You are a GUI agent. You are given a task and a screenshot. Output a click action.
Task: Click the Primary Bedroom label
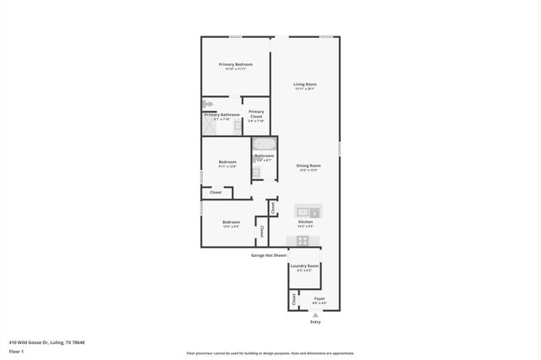(236, 64)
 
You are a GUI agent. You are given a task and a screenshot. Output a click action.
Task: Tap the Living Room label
(304, 85)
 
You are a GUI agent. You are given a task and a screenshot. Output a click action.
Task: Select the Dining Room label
(308, 166)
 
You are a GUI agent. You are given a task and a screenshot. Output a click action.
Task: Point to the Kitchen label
(305, 221)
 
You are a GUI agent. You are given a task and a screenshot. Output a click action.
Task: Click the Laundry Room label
(303, 266)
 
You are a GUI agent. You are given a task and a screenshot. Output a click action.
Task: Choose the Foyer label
(319, 298)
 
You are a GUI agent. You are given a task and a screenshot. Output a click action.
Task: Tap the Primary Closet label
(256, 113)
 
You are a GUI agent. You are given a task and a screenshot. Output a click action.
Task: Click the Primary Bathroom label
(221, 115)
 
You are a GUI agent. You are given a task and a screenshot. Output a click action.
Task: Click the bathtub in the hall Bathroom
(264, 144)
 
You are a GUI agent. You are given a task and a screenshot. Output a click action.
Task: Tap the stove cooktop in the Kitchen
(303, 240)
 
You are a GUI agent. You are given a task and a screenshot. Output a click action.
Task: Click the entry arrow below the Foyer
(315, 314)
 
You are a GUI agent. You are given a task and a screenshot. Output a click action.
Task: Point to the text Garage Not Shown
(269, 254)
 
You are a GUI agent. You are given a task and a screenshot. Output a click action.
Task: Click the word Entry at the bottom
(315, 322)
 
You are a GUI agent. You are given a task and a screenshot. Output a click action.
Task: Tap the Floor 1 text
(16, 351)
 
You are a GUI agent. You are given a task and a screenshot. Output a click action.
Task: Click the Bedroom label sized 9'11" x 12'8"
(227, 162)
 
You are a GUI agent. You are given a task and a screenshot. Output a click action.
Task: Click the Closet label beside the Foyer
(293, 298)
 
